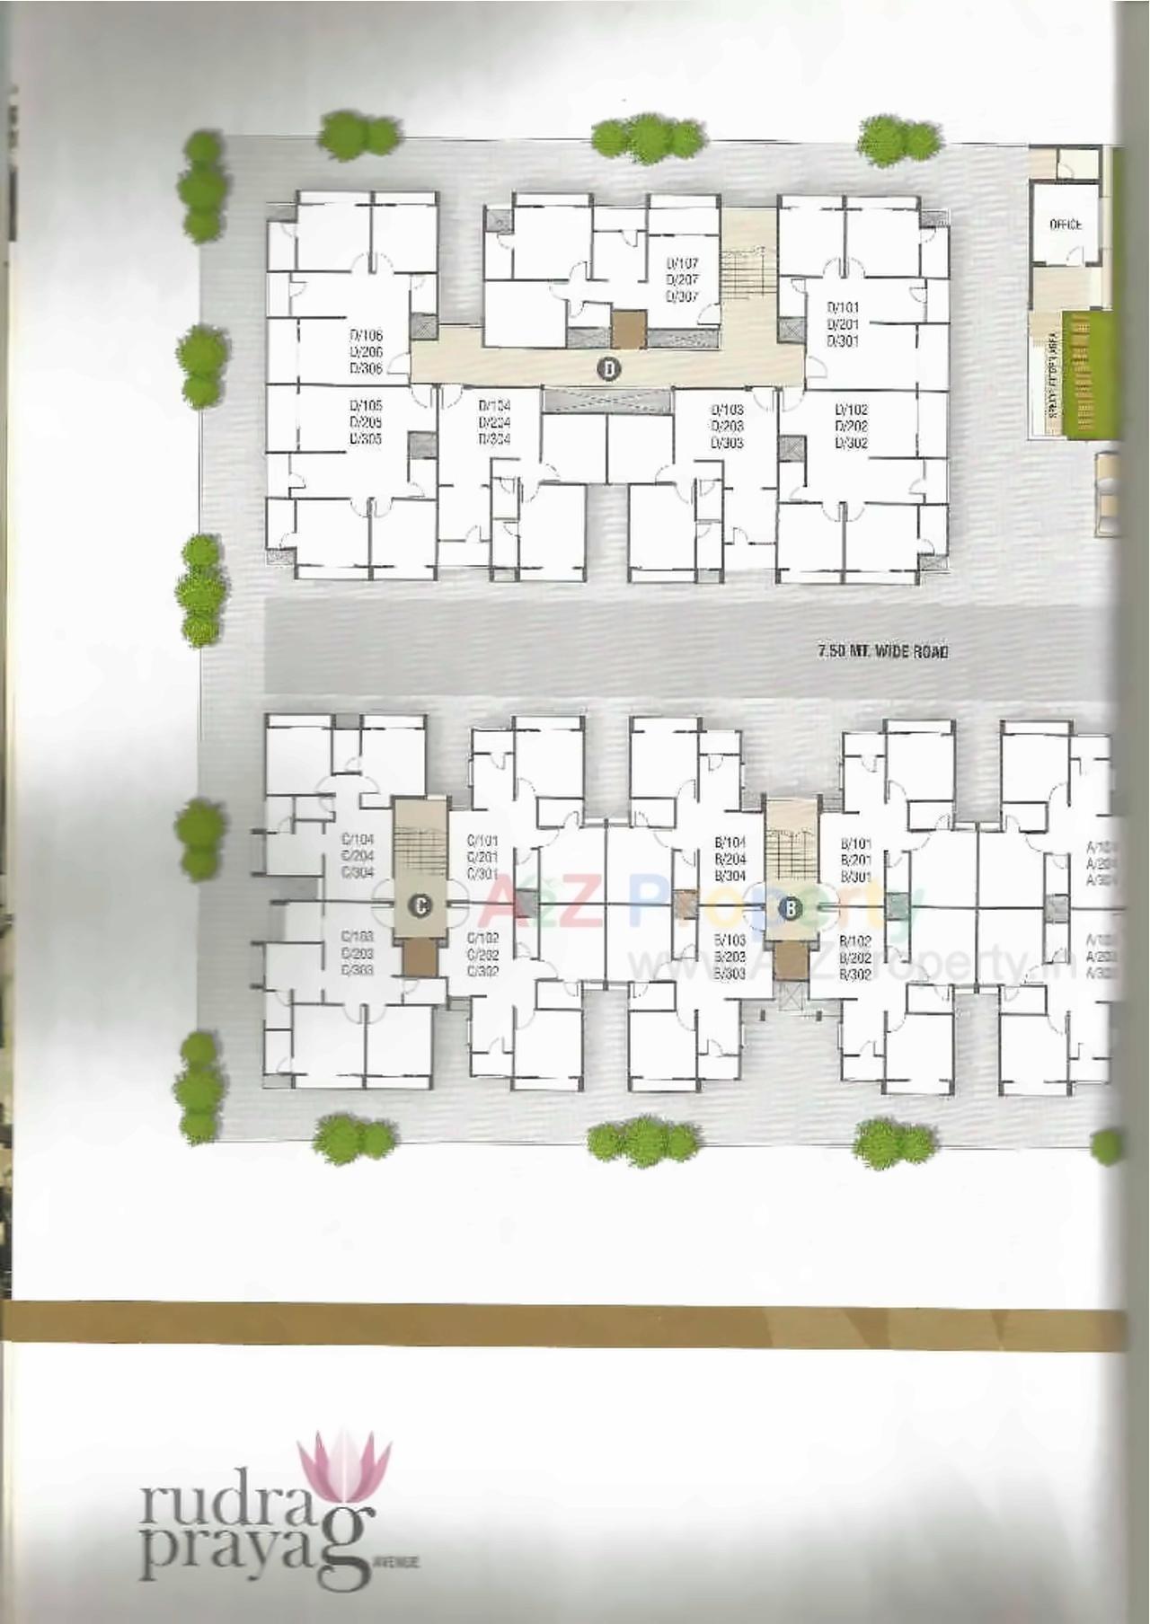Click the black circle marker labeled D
coord(609,367)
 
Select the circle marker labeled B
coord(791,908)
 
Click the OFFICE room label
coord(1066,225)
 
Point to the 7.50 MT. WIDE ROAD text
coord(882,651)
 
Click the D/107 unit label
coord(682,264)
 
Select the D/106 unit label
coord(366,336)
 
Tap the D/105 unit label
coord(366,406)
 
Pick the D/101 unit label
coord(843,308)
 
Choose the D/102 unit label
coord(851,410)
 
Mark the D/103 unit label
coord(727,410)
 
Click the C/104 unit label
coord(357,840)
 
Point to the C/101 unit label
coord(482,841)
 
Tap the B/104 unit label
coord(730,843)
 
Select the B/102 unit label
coord(855,940)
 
